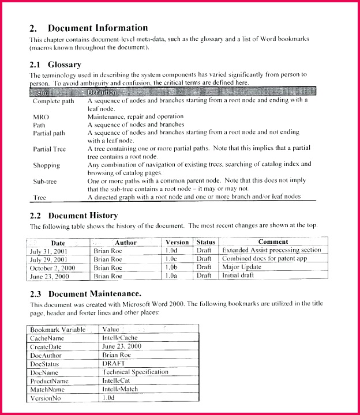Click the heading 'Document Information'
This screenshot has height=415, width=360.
(97, 28)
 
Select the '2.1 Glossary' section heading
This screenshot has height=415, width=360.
(55, 65)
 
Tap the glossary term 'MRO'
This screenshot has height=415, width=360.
(41, 116)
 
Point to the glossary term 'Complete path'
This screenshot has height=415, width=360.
(54, 101)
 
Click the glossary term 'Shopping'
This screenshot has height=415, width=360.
(46, 165)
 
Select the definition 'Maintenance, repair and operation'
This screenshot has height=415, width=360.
(135, 116)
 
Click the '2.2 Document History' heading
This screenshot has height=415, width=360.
(74, 215)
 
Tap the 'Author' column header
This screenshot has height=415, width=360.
(125, 242)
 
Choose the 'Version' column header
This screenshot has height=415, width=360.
(177, 242)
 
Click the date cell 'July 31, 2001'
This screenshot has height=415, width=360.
(50, 251)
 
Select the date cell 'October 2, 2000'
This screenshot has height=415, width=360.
(52, 267)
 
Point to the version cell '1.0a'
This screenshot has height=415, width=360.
(171, 276)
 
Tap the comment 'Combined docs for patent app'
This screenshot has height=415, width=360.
(264, 259)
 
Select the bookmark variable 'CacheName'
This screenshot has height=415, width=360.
(47, 338)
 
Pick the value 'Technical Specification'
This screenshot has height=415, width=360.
(135, 372)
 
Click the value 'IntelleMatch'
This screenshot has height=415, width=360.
(120, 390)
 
